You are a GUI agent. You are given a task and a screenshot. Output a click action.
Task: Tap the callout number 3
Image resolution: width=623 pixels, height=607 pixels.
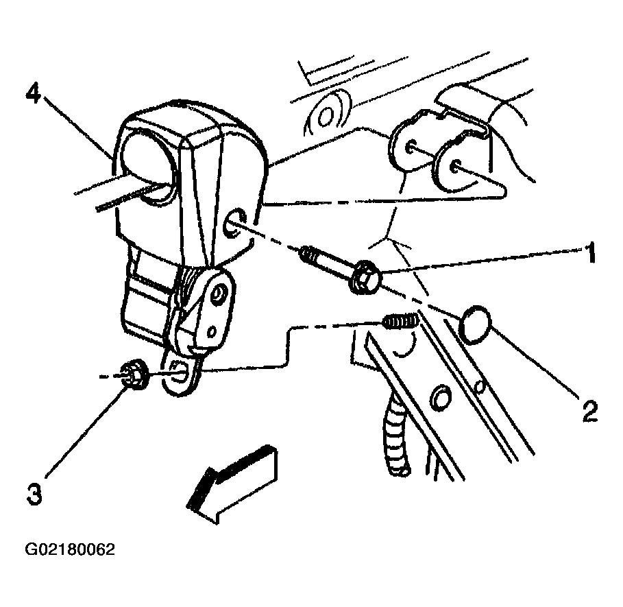click(34, 494)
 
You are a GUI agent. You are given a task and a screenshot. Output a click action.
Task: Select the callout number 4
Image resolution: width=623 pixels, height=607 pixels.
click(33, 94)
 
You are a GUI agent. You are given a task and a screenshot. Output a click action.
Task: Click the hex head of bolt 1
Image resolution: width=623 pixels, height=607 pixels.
click(365, 277)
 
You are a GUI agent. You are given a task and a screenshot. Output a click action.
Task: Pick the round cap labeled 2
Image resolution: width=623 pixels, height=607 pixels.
click(475, 324)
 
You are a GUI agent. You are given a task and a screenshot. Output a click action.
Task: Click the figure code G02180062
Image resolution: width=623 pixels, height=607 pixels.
click(70, 549)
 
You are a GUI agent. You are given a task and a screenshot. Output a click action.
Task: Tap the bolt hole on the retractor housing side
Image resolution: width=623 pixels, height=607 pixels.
click(235, 224)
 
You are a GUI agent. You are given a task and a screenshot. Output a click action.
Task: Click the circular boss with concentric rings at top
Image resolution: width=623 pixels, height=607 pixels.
click(327, 115)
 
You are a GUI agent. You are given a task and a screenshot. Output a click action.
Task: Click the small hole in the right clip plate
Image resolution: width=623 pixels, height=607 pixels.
click(456, 167)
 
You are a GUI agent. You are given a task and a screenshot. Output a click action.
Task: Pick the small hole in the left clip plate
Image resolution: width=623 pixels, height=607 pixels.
click(411, 147)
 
